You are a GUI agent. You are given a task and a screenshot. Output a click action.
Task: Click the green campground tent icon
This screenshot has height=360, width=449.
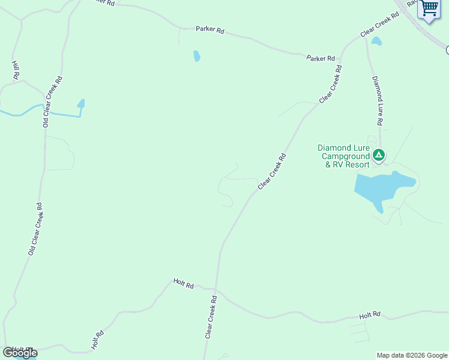tap(378, 155)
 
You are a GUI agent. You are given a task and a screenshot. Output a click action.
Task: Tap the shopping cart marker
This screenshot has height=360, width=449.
tap(429, 9)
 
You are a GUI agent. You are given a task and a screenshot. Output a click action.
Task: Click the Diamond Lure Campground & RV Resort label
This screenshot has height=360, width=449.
tap(345, 156)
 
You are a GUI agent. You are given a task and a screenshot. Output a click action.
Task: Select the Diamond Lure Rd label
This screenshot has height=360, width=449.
tap(377, 100)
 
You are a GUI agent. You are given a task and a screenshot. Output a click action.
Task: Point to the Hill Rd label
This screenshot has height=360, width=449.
tap(16, 70)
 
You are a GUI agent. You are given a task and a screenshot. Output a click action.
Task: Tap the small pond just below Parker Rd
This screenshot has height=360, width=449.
tap(197, 56)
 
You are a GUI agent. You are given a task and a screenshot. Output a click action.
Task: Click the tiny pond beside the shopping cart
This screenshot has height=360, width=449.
tap(376, 41)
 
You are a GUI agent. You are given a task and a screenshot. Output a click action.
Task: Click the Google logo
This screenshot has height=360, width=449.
tap(20, 353)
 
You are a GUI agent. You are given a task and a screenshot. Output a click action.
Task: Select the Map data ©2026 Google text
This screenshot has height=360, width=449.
tap(411, 355)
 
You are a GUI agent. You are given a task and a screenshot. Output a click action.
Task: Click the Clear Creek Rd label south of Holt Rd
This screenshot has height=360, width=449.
tap(210, 317)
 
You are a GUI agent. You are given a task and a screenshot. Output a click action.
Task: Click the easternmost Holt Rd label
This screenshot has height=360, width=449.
tap(370, 314)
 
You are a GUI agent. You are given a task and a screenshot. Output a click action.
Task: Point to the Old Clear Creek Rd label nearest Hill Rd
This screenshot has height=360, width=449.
tap(52, 101)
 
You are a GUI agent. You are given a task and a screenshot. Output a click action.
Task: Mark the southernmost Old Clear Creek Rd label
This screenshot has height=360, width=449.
tap(35, 229)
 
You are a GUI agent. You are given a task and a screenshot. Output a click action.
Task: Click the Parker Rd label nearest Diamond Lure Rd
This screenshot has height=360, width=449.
tap(321, 58)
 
